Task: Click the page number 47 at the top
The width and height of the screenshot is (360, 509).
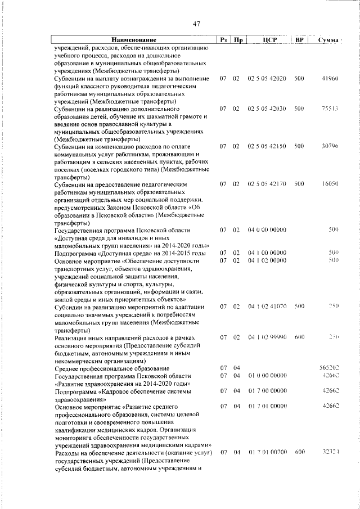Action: [196, 23]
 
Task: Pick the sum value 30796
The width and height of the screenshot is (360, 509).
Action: [329, 146]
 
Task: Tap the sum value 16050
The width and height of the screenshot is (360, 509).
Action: [329, 184]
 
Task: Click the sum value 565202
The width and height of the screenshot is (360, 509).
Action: [327, 367]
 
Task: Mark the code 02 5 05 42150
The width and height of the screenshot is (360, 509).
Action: [267, 146]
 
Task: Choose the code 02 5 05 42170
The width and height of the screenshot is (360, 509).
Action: [267, 184]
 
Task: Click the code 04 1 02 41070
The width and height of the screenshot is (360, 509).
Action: [267, 307]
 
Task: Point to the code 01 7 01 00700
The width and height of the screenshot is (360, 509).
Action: [267, 452]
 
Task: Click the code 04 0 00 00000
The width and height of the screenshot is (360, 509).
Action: [267, 230]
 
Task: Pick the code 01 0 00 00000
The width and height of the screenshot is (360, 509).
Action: [267, 375]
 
